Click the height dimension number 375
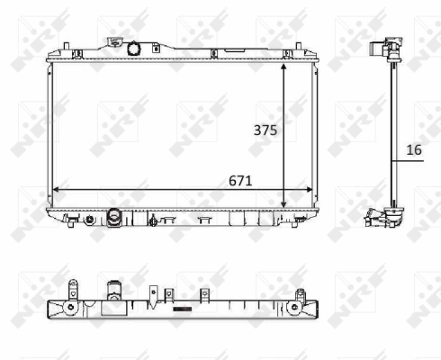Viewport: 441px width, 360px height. (x=264, y=130)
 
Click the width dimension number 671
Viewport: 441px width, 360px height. (x=238, y=180)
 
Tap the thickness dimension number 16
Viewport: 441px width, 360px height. (x=414, y=150)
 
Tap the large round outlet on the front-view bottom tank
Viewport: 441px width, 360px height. (x=114, y=217)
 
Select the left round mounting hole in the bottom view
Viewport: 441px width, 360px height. (x=69, y=309)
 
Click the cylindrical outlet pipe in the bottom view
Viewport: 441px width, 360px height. (x=114, y=292)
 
